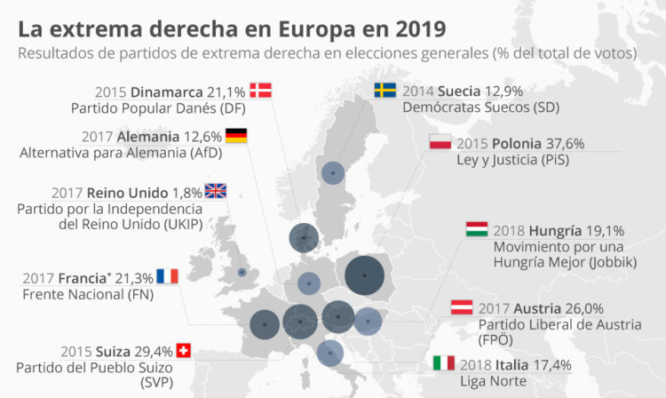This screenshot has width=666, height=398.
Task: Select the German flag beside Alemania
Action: point(236,135)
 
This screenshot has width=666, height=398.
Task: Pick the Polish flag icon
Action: point(441,143)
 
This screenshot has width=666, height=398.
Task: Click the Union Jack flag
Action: point(216,190)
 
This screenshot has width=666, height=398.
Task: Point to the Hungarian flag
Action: point(477,229)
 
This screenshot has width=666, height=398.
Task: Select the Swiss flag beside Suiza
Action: point(184,350)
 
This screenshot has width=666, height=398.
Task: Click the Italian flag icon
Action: point(443,363)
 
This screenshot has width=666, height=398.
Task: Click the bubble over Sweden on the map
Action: point(332,173)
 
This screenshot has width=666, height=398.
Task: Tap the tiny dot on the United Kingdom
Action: point(241,273)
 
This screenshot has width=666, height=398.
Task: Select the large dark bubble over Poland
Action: point(365,276)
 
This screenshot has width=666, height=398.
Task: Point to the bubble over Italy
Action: point(329,354)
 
